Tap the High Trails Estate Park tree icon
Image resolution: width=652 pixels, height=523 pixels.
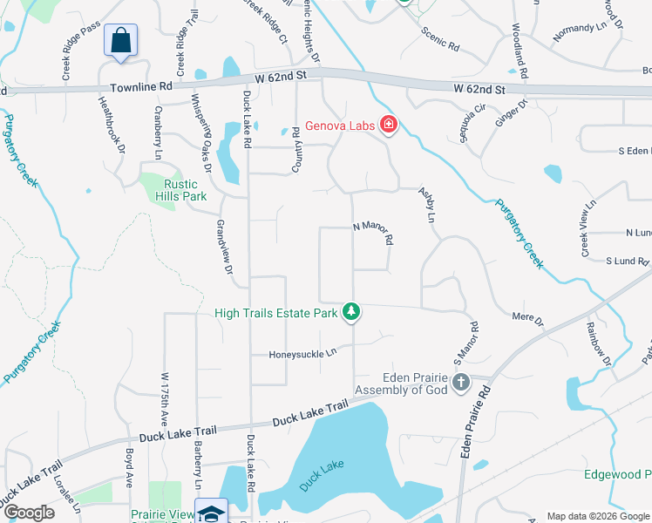(x=351, y=311)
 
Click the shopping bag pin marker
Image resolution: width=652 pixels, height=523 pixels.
(x=121, y=41)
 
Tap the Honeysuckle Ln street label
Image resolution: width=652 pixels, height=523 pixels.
(x=302, y=354)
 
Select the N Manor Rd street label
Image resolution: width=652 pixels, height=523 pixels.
(x=374, y=232)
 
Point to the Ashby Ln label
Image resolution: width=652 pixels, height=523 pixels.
(x=426, y=204)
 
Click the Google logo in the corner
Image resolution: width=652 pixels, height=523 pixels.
(x=29, y=513)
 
